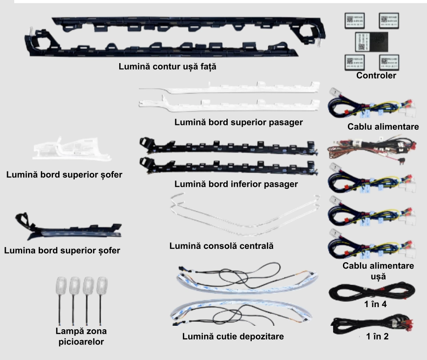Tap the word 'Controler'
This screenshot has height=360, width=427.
376,76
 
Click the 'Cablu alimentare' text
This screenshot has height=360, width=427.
383,127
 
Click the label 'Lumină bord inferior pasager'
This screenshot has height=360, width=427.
236,184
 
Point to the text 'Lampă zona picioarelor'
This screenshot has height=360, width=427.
81,336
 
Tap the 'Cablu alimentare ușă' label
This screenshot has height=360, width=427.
378,271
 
